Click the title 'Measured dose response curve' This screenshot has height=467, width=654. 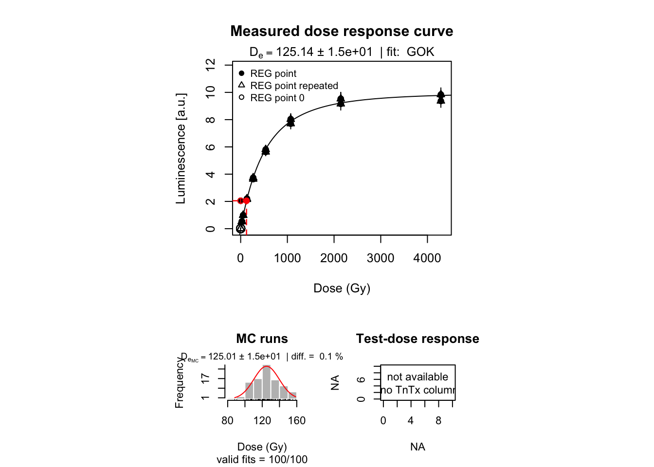pyautogui.click(x=342, y=31)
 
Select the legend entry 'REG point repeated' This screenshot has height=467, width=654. pyautogui.click(x=294, y=86)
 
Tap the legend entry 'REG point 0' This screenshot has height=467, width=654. pyautogui.click(x=277, y=98)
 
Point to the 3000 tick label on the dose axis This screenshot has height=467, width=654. pyautogui.click(x=381, y=258)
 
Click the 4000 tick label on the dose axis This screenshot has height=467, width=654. pyautogui.click(x=427, y=258)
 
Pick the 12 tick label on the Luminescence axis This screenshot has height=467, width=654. pyautogui.click(x=210, y=65)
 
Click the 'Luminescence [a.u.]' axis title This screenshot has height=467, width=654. pyautogui.click(x=181, y=148)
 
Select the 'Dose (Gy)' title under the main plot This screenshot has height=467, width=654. pyautogui.click(x=342, y=288)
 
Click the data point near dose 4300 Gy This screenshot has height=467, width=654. pyautogui.click(x=441, y=95)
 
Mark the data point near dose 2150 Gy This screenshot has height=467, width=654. pyautogui.click(x=341, y=99)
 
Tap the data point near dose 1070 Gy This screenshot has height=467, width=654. pyautogui.click(x=291, y=120)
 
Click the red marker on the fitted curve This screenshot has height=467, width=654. pyautogui.click(x=247, y=200)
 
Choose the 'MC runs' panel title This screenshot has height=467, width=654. pyautogui.click(x=262, y=339)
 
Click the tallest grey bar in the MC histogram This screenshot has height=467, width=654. pyautogui.click(x=266, y=382)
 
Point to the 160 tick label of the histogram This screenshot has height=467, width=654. pyautogui.click(x=296, y=421)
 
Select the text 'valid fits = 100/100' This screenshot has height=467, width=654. pyautogui.click(x=262, y=459)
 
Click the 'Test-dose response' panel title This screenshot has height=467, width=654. pyautogui.click(x=418, y=339)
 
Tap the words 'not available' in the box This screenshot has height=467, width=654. pyautogui.click(x=418, y=377)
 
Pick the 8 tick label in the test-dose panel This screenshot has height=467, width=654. pyautogui.click(x=438, y=421)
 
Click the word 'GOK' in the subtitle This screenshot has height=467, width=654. pyautogui.click(x=420, y=52)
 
